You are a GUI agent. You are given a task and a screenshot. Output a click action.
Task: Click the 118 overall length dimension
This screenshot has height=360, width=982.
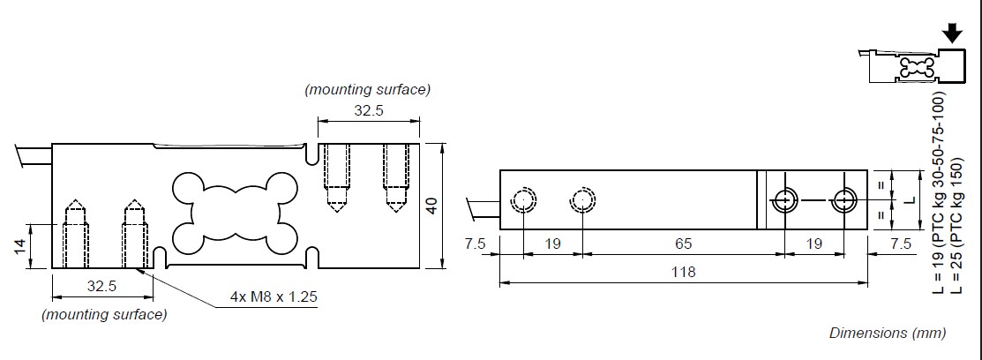click(683, 272)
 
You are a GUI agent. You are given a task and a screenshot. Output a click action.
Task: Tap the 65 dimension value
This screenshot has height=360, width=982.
click(683, 243)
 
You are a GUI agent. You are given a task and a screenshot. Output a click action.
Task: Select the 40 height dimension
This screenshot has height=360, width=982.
click(431, 205)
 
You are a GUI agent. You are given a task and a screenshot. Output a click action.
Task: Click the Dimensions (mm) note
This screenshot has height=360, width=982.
click(887, 334)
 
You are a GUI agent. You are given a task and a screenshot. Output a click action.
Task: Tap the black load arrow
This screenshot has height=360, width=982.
click(952, 34)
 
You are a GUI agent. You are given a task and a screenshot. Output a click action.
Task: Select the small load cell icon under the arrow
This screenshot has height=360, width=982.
click(902, 68)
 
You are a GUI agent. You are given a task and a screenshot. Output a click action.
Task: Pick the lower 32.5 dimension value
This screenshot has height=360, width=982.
click(103, 287)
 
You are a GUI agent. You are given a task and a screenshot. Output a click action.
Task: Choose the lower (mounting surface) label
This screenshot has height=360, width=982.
click(103, 314)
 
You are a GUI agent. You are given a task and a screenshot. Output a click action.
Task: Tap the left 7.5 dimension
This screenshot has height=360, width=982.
click(476, 243)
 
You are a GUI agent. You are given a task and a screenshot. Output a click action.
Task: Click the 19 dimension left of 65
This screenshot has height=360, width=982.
click(552, 243)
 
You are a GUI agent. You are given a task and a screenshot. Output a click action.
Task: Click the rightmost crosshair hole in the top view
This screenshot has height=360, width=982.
click(845, 201)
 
